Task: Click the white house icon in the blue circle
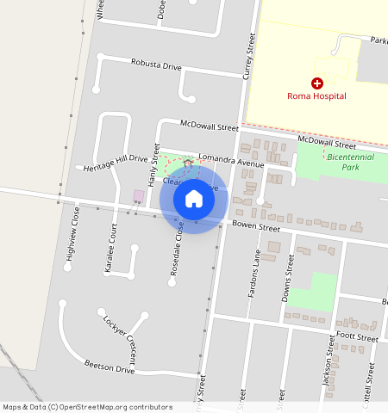coord(194,199)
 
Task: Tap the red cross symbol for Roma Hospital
coord(317,83)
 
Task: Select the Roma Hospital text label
coord(317,96)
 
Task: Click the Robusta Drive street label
coord(156,64)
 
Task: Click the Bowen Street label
coord(256,229)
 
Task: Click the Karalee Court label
coord(110,250)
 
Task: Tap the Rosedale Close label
coord(177,243)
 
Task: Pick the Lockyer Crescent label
coord(121,329)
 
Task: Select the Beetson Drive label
coord(110,367)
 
